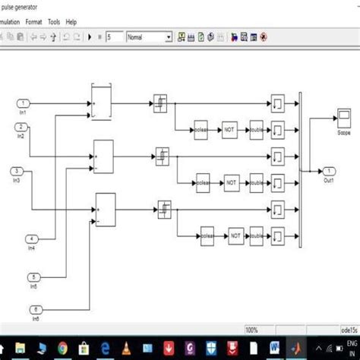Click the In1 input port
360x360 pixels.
pos(24,103)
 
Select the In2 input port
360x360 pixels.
pos(24,127)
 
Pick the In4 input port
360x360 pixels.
pos(31,238)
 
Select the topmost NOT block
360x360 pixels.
pos(229,130)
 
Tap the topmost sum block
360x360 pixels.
pos(101,102)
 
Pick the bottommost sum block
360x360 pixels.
pos(106,210)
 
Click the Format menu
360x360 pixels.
pos(33,22)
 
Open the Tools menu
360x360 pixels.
pos(54,22)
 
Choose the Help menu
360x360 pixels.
pos(71,22)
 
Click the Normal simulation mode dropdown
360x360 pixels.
pos(149,36)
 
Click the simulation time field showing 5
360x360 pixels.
pos(114,36)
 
